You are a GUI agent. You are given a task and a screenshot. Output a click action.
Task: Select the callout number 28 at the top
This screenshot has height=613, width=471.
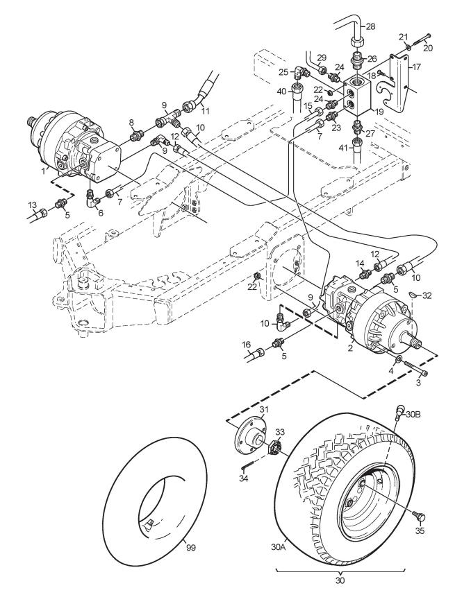(x=370, y=26)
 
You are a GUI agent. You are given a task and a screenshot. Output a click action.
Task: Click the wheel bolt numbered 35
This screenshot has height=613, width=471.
(x=420, y=517)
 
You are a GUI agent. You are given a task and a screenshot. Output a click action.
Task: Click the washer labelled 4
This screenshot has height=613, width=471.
(x=398, y=359)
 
